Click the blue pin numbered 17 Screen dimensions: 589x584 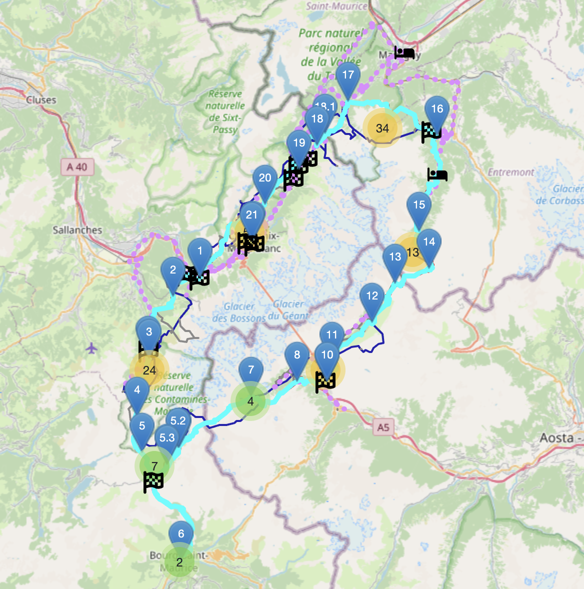[x=348, y=76]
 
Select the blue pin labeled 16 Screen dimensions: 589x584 [x=437, y=109]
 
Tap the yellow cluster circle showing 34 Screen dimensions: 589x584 [x=382, y=128]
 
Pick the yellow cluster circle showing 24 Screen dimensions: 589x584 [x=149, y=370]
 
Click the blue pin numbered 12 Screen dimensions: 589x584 [x=372, y=296]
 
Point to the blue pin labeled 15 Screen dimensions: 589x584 [x=419, y=205]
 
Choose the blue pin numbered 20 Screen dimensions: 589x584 [x=265, y=178]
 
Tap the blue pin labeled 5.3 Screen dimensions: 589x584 [x=167, y=438]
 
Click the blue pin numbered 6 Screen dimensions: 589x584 [x=181, y=534]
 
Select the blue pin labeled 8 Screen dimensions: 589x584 [x=297, y=355]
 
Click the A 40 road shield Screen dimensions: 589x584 [x=77, y=167]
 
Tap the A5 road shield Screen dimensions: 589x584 [x=383, y=427]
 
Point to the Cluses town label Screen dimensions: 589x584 [x=41, y=99]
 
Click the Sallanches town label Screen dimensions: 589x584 [x=77, y=230]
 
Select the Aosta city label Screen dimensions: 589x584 [x=556, y=438]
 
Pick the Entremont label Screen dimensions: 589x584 [x=511, y=172]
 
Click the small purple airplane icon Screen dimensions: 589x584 [x=91, y=347]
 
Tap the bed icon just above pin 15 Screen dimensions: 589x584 [x=437, y=175]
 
